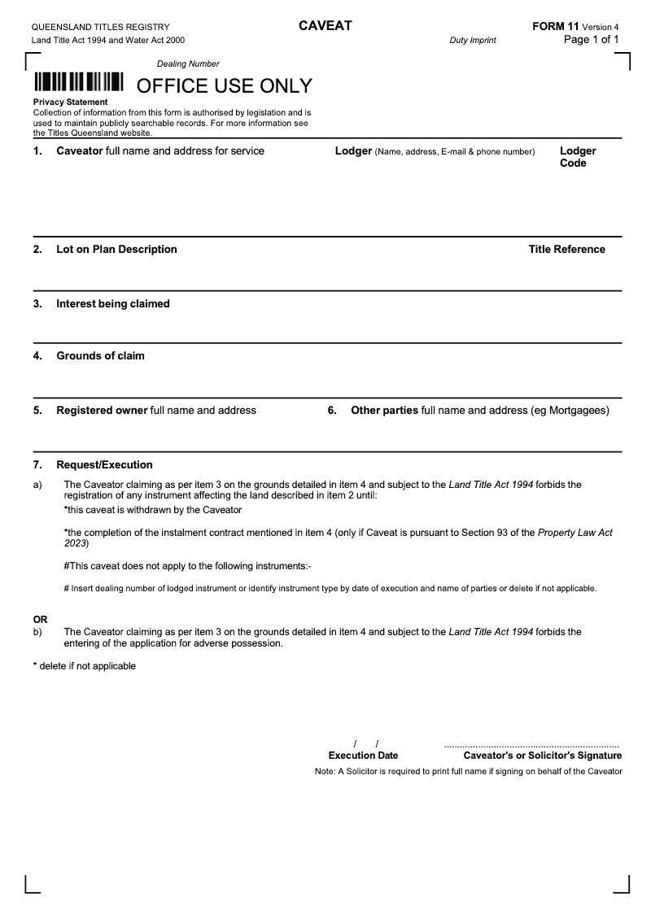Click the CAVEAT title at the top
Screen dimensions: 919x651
click(325, 26)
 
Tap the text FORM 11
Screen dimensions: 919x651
click(555, 27)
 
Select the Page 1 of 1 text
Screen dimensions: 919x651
click(592, 40)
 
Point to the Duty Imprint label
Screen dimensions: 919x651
click(472, 40)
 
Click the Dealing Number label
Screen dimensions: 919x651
click(188, 63)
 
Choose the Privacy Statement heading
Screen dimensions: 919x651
click(70, 102)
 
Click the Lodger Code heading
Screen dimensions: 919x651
click(578, 157)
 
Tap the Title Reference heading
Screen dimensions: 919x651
click(566, 250)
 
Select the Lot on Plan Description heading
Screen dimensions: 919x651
click(116, 250)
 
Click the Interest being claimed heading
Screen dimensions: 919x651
click(113, 304)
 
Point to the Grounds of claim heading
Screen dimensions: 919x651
click(100, 356)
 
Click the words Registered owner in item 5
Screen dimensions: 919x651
click(102, 411)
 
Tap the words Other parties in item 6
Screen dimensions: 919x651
click(384, 411)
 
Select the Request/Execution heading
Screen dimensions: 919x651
click(104, 465)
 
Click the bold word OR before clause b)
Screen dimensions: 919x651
click(40, 619)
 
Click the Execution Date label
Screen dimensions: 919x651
click(363, 756)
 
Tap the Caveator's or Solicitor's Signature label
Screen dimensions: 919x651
click(542, 756)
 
